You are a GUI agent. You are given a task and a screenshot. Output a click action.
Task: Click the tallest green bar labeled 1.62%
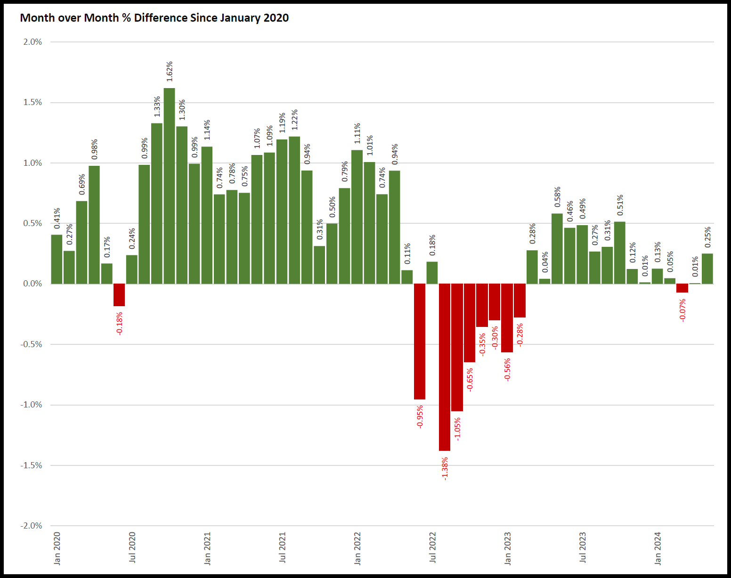coord(169,186)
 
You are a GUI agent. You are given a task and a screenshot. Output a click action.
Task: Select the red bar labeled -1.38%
coord(445,367)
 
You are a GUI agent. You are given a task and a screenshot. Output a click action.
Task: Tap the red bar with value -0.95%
coord(420,342)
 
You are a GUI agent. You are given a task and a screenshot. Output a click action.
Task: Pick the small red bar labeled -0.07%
coord(682,288)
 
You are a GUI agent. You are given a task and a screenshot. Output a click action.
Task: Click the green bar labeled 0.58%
coord(557,249)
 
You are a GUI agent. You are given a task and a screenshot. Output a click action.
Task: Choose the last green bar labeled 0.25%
coord(707,269)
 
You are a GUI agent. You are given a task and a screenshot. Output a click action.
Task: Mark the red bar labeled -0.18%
coord(119,295)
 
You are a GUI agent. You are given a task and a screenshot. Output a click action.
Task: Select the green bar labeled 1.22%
coord(294,210)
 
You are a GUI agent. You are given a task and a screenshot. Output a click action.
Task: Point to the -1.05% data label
coord(457,429)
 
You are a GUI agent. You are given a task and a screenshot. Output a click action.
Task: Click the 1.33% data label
coord(157,107)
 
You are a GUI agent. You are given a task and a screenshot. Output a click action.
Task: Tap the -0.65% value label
coord(470,380)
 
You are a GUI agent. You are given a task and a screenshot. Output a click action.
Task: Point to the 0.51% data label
coord(620,205)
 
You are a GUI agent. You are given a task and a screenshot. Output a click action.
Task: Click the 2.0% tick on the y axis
coord(32,42)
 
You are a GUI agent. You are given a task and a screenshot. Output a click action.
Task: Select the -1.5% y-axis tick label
coord(31,465)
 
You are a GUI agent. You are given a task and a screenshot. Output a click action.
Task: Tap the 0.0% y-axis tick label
coord(32,284)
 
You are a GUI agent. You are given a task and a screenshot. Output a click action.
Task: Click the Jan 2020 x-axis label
coord(57,548)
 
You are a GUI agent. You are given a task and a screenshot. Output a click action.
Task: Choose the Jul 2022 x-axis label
coord(432,548)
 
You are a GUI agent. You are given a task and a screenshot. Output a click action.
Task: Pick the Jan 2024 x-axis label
coord(658,548)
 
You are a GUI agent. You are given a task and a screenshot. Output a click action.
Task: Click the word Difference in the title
coord(161,18)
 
